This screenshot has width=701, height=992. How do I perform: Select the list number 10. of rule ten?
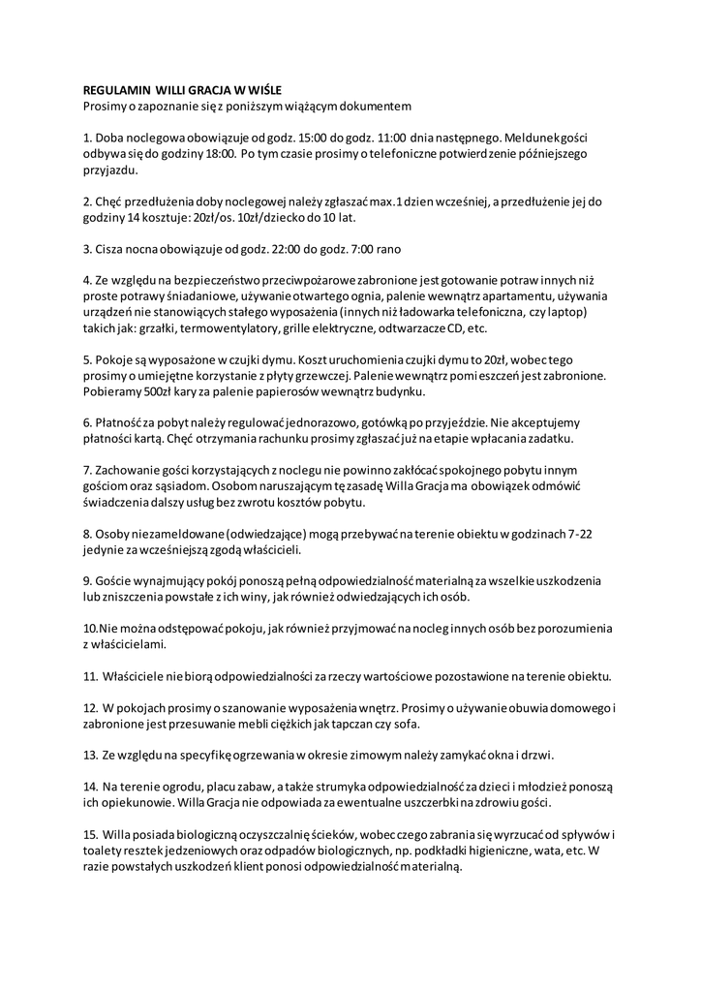[x=91, y=630]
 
